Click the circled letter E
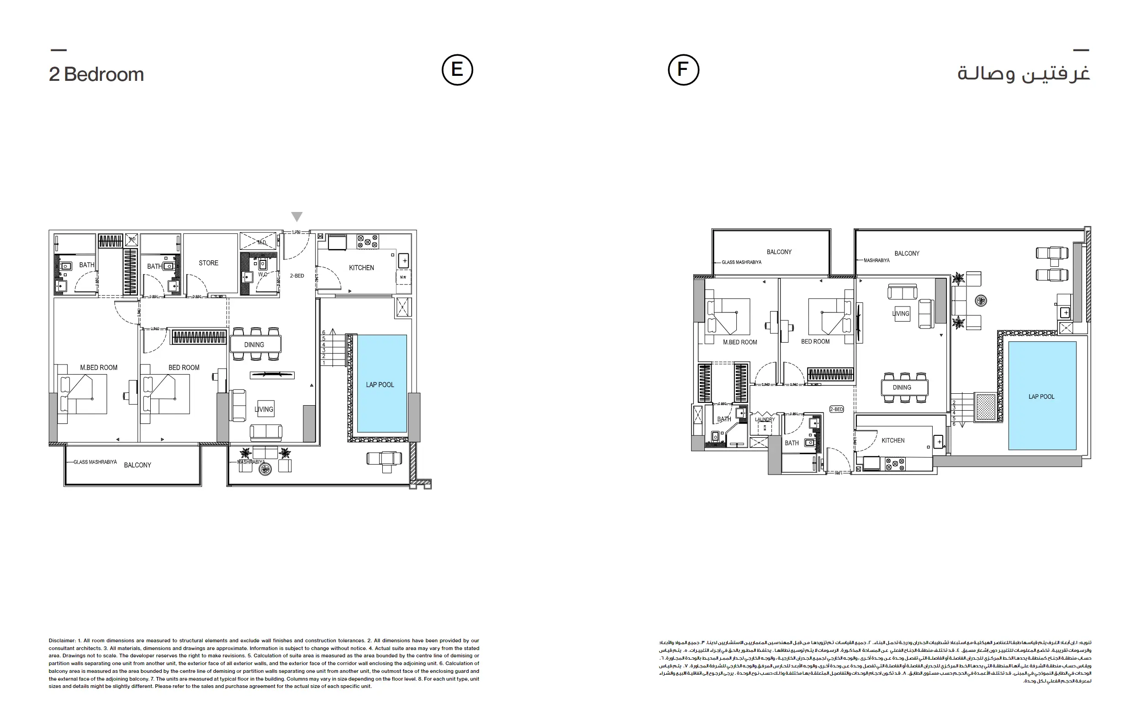click(x=457, y=70)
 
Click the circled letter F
click(x=683, y=70)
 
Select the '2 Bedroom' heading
click(x=96, y=74)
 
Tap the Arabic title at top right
click(x=1023, y=74)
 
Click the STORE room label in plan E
click(x=208, y=263)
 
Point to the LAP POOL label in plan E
click(x=380, y=385)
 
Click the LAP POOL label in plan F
click(x=1041, y=397)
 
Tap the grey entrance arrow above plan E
click(x=296, y=217)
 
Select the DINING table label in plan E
click(x=254, y=344)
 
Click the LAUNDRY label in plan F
click(x=764, y=419)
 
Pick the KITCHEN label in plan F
click(x=893, y=440)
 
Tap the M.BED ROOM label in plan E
click(x=99, y=367)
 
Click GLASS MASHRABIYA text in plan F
click(x=741, y=262)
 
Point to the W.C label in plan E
click(x=263, y=275)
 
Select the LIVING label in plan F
click(x=900, y=313)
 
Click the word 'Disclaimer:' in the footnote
click(x=62, y=641)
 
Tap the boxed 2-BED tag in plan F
click(x=836, y=409)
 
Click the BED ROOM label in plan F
click(x=815, y=341)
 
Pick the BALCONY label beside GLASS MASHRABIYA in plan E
click(x=137, y=465)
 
